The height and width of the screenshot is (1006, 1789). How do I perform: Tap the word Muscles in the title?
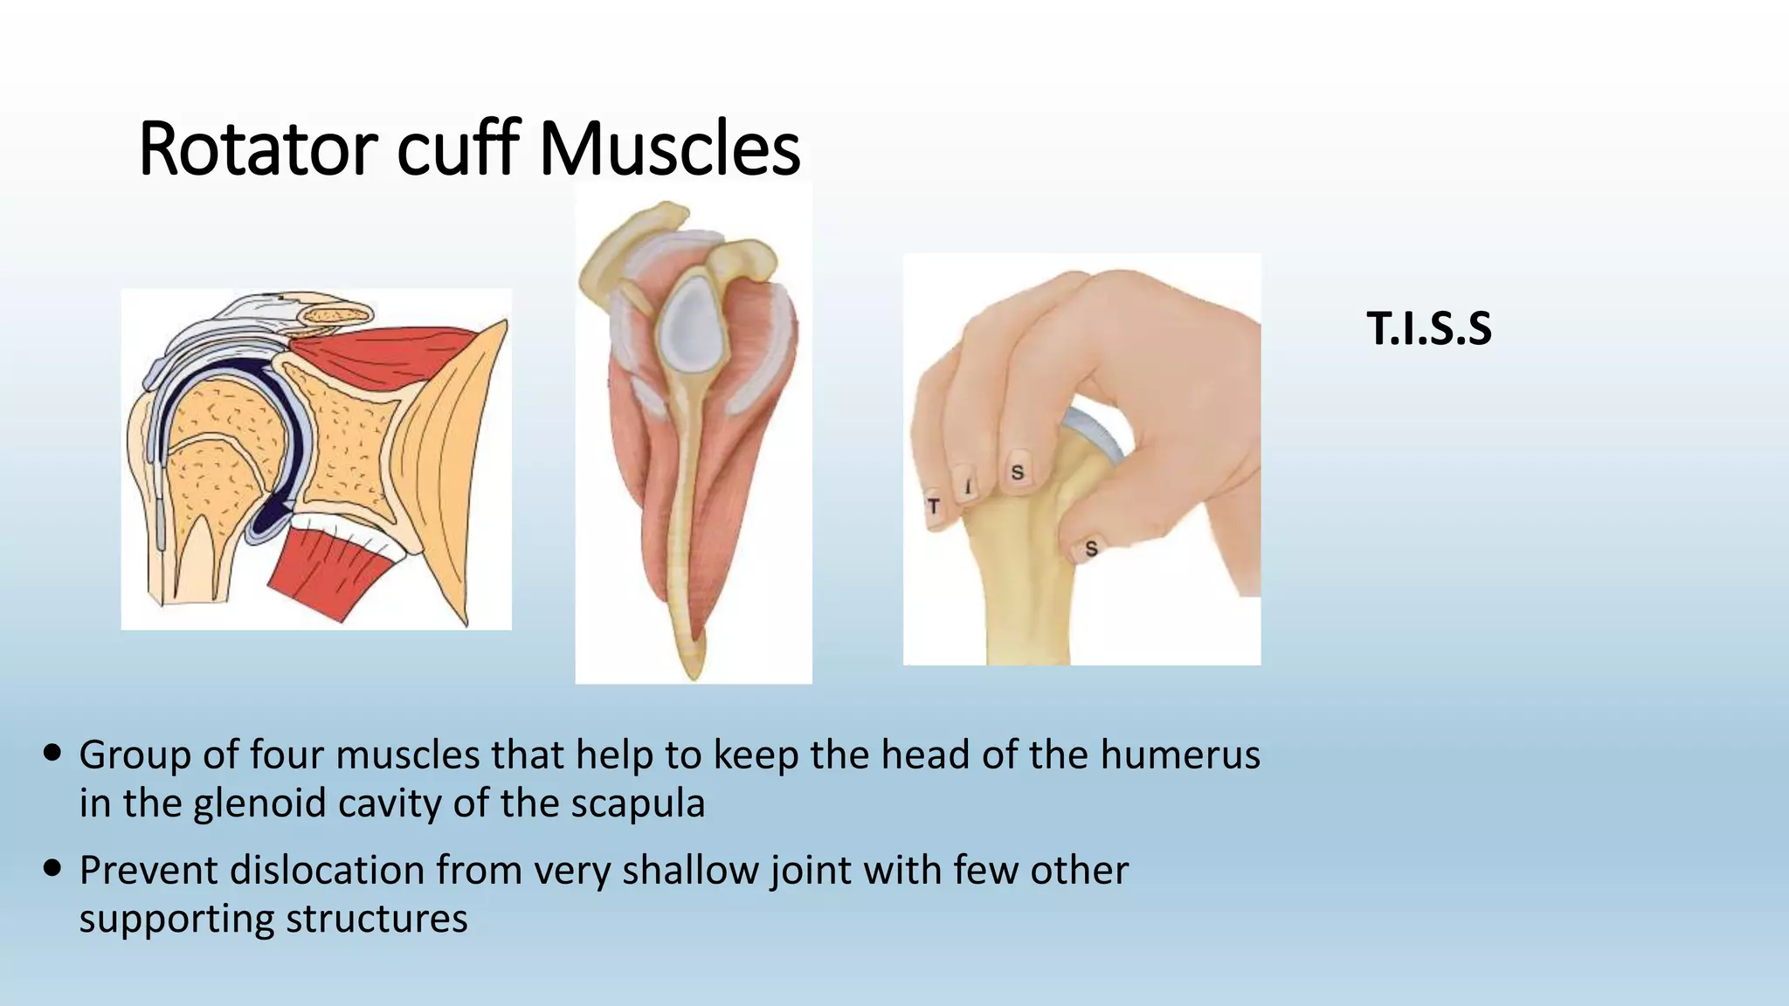click(x=670, y=149)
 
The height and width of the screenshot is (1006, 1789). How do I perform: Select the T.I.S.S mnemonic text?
click(x=1429, y=329)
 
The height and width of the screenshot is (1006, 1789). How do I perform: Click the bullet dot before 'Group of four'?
click(x=52, y=753)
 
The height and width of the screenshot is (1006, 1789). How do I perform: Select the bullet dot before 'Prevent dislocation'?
click(x=52, y=868)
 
